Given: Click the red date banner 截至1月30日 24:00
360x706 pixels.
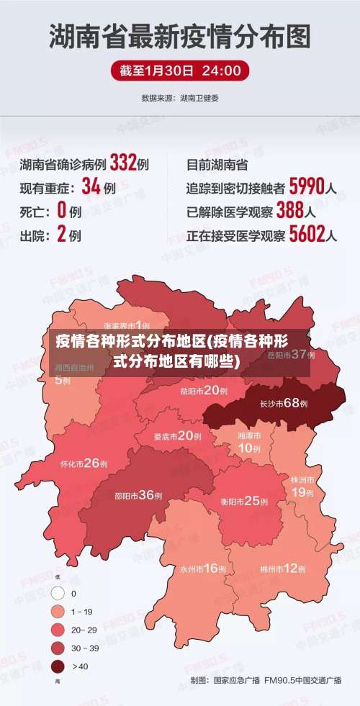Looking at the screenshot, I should (x=180, y=71).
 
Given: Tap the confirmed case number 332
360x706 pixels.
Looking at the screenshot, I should (x=123, y=164).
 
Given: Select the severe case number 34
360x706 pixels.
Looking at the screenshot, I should (x=91, y=188).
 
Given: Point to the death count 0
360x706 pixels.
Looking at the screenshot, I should (x=61, y=211).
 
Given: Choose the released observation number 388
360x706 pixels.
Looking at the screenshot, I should (x=289, y=211).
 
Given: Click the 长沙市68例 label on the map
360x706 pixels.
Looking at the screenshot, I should (x=284, y=403).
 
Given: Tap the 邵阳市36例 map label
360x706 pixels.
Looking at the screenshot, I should (x=138, y=495).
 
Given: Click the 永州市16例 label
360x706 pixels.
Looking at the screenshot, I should (x=204, y=569).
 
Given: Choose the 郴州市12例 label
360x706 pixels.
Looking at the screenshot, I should (x=283, y=569).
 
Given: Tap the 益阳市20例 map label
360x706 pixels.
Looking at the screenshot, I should (x=204, y=391).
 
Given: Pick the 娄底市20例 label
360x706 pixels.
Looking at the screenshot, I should (x=177, y=435).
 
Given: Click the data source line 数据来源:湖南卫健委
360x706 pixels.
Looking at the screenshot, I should (x=180, y=97).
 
